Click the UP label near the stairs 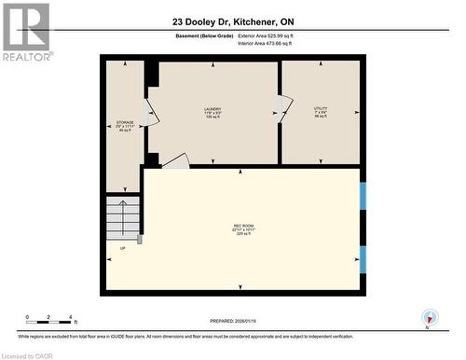point(122,249)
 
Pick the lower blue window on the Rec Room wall point(363,258)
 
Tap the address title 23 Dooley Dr point(232,21)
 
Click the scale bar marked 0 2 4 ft point(52,320)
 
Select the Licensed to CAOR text point(30,354)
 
